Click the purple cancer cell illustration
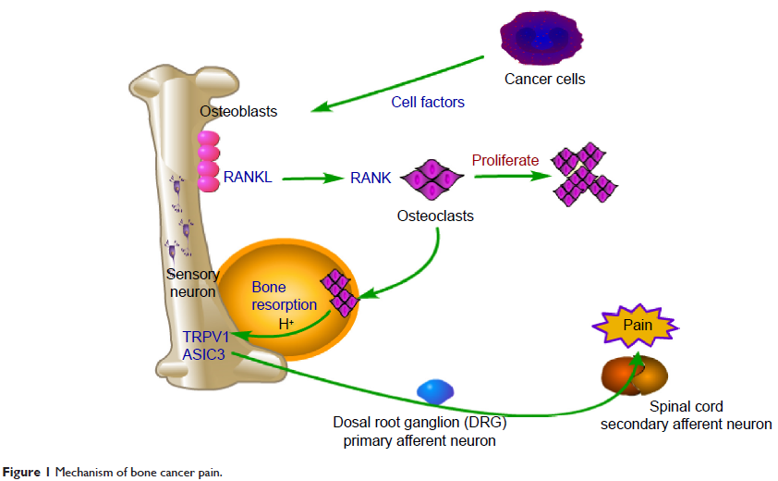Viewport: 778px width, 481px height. (x=543, y=35)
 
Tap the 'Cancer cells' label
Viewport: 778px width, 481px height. (x=544, y=80)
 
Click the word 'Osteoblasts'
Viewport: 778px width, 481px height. (x=238, y=112)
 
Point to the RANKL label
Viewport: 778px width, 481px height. (x=247, y=176)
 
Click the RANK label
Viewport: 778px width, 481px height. (x=371, y=177)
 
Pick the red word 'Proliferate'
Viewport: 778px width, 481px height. (x=504, y=161)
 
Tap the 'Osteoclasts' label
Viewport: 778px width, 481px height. (x=434, y=216)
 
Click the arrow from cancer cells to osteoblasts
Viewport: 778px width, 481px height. (x=397, y=84)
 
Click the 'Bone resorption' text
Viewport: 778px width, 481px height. (x=284, y=297)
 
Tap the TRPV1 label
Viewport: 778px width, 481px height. (x=205, y=337)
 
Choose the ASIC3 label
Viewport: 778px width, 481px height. (x=205, y=353)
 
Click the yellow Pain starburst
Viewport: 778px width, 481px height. (x=638, y=325)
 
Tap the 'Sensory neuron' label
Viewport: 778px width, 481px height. (x=192, y=283)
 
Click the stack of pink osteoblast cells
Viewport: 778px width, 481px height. (x=208, y=161)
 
